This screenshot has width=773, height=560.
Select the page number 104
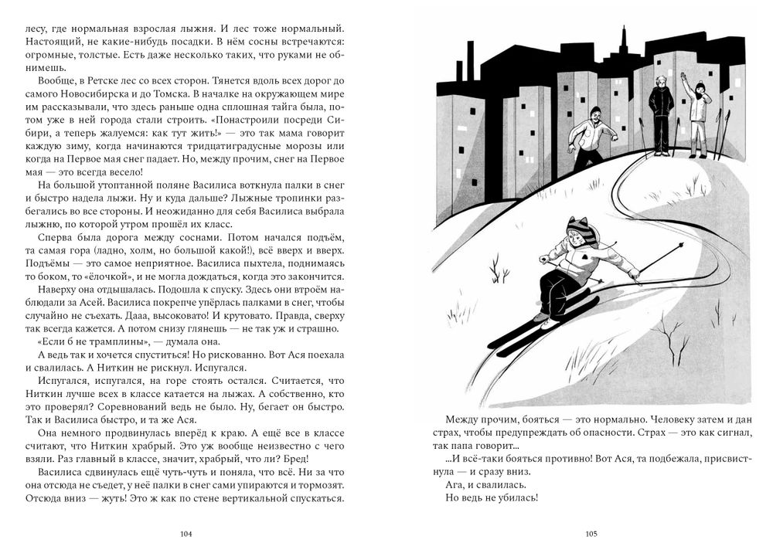pos(185,534)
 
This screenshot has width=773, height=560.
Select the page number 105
pos(591,534)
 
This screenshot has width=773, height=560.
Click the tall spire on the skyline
pos(622,42)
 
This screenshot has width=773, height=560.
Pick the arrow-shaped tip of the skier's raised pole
pos(681,246)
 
